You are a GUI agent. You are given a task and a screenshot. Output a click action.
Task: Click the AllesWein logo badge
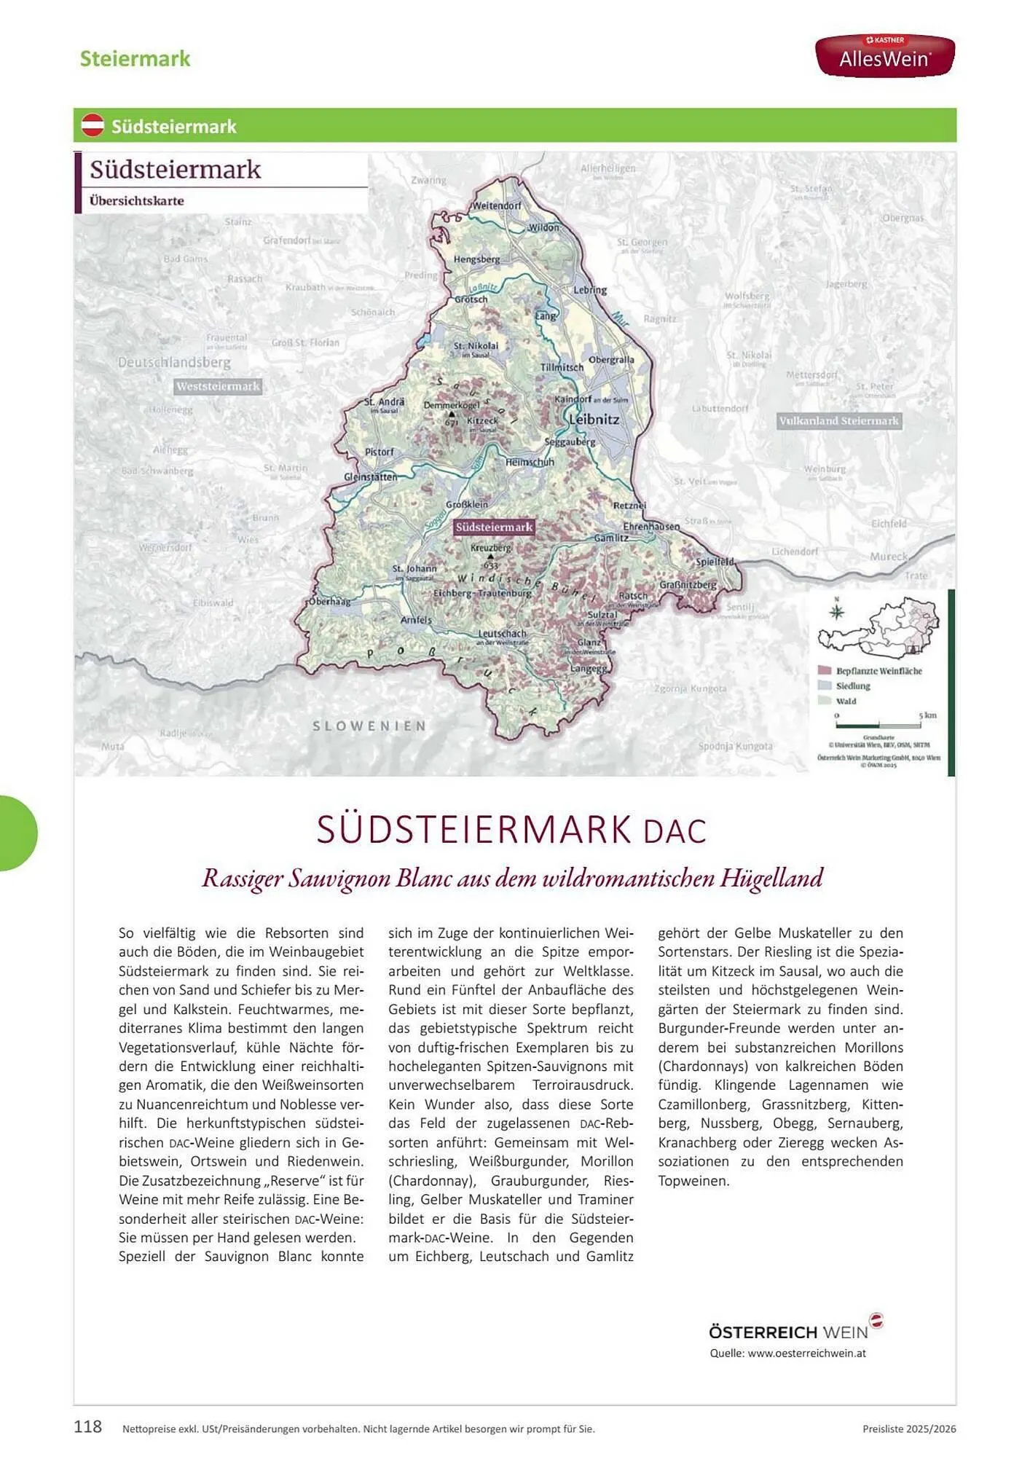(884, 55)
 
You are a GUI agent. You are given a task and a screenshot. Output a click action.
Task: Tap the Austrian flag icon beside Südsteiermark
(93, 126)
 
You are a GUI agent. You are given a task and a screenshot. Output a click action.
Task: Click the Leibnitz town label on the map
(594, 420)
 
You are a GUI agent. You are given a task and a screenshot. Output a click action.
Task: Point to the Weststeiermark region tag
(218, 386)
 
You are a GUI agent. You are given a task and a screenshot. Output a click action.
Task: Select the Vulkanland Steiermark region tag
(838, 421)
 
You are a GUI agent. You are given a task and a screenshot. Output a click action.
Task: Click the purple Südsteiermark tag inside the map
(494, 527)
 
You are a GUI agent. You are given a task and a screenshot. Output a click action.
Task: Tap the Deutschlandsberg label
(174, 362)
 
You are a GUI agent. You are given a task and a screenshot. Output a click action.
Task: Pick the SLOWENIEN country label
(369, 726)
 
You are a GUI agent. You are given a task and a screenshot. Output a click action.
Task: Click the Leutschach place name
(502, 634)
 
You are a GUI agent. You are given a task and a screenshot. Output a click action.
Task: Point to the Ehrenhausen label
(650, 526)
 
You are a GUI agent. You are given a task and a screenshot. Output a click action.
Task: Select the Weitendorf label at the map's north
(497, 205)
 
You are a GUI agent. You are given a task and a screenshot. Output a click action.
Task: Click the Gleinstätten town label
(370, 476)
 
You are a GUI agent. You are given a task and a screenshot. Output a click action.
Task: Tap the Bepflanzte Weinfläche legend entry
(878, 671)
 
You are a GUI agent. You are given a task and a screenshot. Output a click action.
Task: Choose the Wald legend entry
(846, 701)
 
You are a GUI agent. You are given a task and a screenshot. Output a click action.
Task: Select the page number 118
(88, 1426)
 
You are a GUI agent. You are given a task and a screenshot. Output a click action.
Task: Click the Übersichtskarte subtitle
(136, 201)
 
